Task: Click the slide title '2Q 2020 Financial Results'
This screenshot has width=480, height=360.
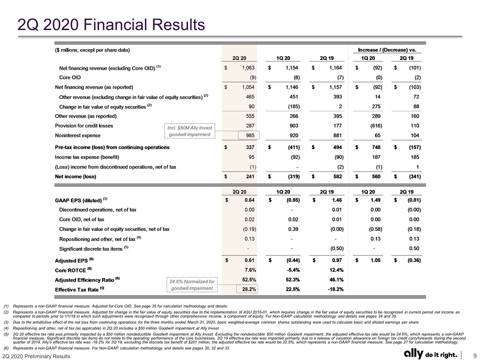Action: coord(111,25)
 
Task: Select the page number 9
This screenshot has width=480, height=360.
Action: coord(474,355)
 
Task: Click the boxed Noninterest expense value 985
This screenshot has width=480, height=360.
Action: coord(248,135)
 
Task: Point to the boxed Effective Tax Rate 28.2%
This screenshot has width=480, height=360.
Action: coord(247,289)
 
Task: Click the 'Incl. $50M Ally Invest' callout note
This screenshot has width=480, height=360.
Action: coord(190,127)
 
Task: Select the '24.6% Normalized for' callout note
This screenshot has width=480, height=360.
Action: coord(192,281)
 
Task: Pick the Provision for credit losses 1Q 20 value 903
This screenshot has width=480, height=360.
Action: coord(293,126)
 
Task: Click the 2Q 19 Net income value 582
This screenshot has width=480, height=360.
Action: coord(337,176)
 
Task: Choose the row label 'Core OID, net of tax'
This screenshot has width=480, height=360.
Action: coord(81,219)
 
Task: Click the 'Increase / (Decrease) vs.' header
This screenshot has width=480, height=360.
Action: coord(387,50)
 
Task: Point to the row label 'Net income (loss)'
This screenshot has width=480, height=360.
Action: coord(75,176)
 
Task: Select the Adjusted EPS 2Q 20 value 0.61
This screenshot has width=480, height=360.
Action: coord(249,260)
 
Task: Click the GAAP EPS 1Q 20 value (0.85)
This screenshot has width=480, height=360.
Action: coord(293,200)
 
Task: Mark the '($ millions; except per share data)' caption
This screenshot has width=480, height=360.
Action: coord(92,50)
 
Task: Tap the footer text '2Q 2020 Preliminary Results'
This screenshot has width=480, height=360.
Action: coord(36,356)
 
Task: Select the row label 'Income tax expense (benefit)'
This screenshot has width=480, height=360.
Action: coord(87,157)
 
